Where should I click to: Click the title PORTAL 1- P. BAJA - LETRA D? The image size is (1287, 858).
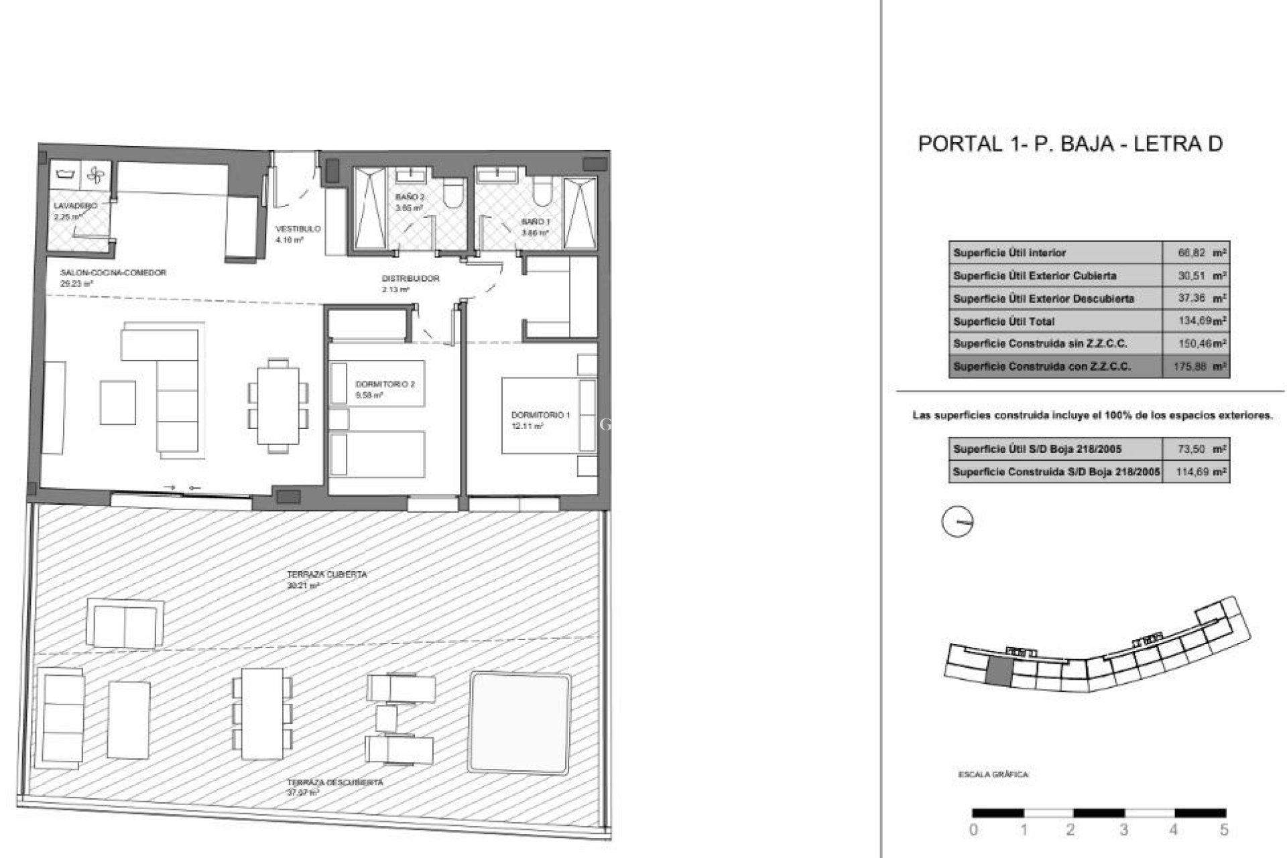point(1070,144)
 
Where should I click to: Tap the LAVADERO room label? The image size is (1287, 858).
point(75,206)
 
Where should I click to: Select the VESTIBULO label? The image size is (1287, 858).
point(298,229)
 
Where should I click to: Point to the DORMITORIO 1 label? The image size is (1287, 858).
point(540,416)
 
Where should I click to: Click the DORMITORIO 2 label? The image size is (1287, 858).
point(385,385)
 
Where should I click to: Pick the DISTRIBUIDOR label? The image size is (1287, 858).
point(410,279)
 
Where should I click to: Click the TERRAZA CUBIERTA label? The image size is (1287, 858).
point(326,575)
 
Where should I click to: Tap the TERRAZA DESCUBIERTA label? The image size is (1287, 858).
point(334,783)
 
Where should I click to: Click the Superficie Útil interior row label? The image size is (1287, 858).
point(1009,253)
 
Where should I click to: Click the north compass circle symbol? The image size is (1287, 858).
point(957,522)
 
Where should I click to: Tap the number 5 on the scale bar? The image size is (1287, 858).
point(1224,831)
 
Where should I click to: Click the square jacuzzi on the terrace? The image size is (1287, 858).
point(519,722)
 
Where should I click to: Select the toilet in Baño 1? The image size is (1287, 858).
point(542,192)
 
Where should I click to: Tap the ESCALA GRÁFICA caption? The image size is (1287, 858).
point(993,775)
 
